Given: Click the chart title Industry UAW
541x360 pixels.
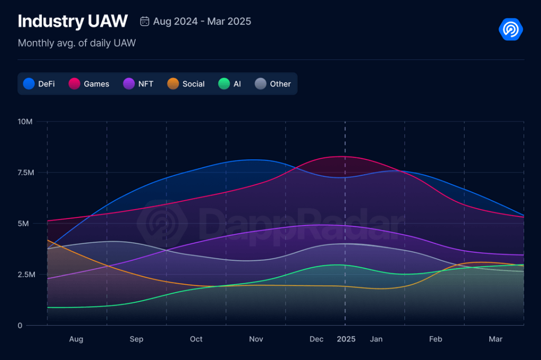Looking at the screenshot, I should click(x=72, y=21).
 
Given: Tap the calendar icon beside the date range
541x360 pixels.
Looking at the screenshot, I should click(x=144, y=22).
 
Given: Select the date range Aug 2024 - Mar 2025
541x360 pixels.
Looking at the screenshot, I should click(x=202, y=22).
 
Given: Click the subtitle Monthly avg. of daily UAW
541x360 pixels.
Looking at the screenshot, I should click(x=77, y=43).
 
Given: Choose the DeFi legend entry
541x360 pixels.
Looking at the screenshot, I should click(x=40, y=84).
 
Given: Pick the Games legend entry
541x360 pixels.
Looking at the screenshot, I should click(x=89, y=84).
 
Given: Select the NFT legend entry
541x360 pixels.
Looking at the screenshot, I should click(x=138, y=84).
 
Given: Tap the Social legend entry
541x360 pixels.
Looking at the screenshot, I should click(x=186, y=84).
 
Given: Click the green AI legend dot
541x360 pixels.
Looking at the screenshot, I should click(x=224, y=84).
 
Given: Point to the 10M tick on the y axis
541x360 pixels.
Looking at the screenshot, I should click(x=25, y=121).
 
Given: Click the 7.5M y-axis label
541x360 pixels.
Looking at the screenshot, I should click(x=25, y=173).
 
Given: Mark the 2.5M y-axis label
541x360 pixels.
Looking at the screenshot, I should click(x=25, y=274).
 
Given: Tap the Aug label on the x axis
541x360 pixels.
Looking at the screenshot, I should click(x=76, y=339).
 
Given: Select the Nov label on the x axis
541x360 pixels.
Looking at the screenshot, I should click(x=256, y=339).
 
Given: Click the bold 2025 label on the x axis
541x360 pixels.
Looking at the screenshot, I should click(x=346, y=339).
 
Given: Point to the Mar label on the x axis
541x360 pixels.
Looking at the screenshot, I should click(x=496, y=339).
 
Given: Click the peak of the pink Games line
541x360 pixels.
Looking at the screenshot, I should click(x=345, y=156).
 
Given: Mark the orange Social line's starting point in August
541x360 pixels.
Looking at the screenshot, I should click(x=48, y=240).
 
